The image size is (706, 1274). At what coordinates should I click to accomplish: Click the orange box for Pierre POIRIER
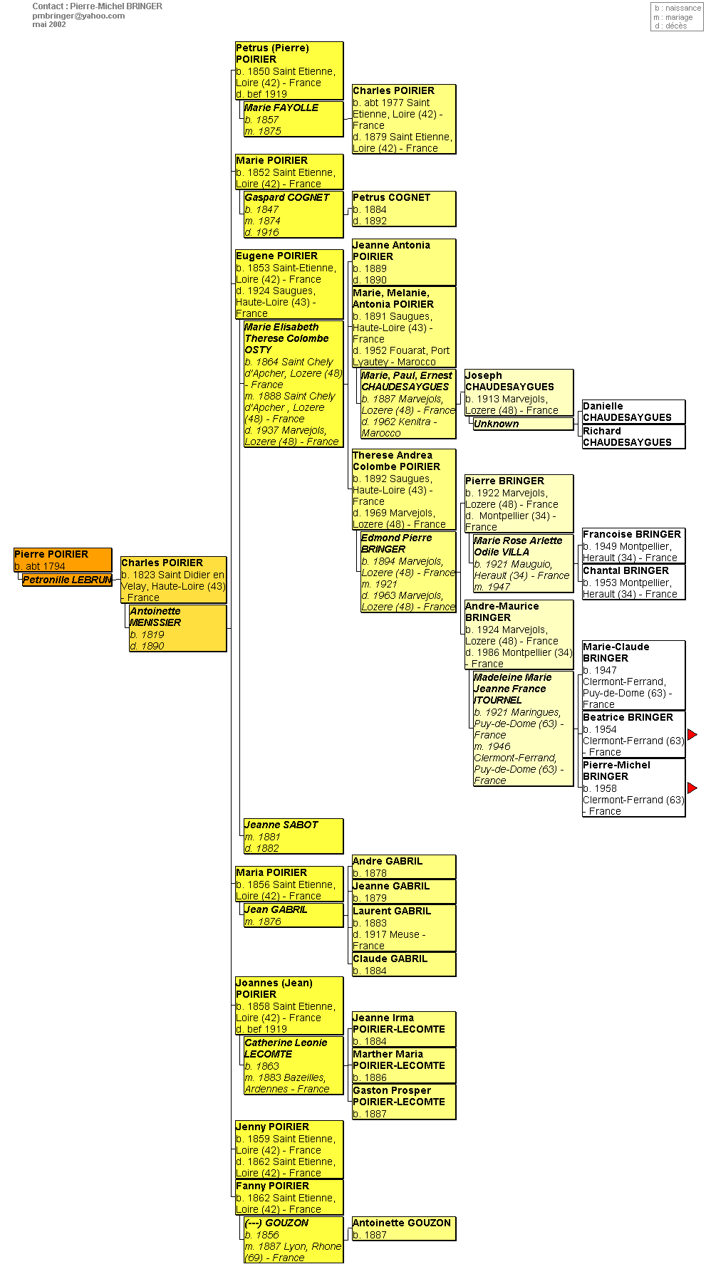click(x=63, y=559)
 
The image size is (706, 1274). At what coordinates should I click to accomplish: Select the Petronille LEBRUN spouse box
click(x=67, y=580)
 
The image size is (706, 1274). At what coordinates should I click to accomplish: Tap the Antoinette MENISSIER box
click(x=177, y=628)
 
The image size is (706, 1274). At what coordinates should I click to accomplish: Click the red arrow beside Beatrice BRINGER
click(x=692, y=734)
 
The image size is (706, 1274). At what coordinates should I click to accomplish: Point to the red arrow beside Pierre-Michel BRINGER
click(x=692, y=788)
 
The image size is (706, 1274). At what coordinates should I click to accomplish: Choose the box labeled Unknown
click(x=523, y=424)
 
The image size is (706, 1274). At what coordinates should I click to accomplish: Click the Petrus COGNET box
click(x=403, y=209)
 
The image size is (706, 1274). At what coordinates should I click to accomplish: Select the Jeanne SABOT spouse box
click(x=293, y=836)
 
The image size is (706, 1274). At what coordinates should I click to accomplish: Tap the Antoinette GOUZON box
click(x=403, y=1228)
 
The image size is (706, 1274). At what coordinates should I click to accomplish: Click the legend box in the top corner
click(x=678, y=17)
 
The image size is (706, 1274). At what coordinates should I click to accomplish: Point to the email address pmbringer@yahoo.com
click(x=78, y=16)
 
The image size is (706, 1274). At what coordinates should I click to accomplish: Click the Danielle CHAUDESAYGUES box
click(x=633, y=412)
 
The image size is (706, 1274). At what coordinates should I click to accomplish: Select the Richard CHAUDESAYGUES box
click(x=633, y=437)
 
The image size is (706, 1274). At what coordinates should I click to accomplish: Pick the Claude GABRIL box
click(x=403, y=964)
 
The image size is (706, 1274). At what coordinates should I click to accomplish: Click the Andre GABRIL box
click(x=403, y=867)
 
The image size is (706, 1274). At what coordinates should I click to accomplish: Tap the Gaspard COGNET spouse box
click(x=293, y=214)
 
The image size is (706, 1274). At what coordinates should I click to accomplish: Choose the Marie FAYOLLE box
click(x=293, y=119)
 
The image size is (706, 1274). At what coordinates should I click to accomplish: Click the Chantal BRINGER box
click(x=633, y=582)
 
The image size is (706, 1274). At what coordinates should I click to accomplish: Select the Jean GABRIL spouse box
click(x=293, y=915)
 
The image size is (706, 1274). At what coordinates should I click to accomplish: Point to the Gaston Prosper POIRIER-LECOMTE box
click(x=403, y=1101)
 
